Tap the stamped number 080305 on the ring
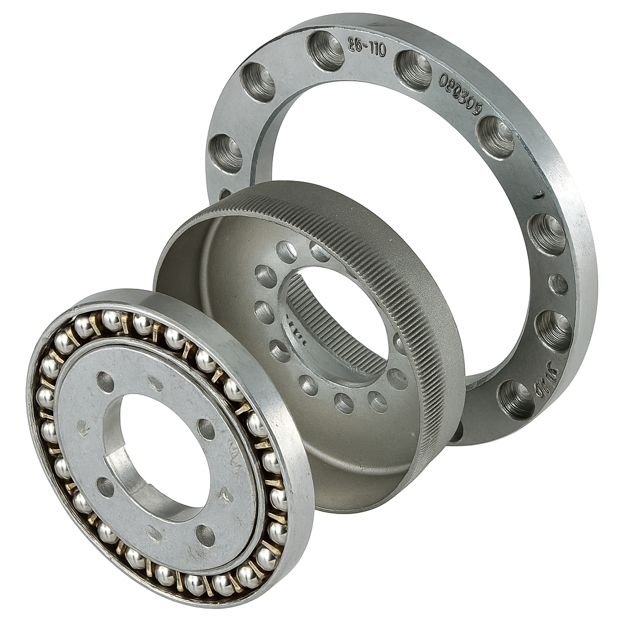tap(461, 94)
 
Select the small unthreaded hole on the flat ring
tap(558, 284)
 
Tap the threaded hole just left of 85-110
tap(326, 50)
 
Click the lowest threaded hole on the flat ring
tap(516, 399)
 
